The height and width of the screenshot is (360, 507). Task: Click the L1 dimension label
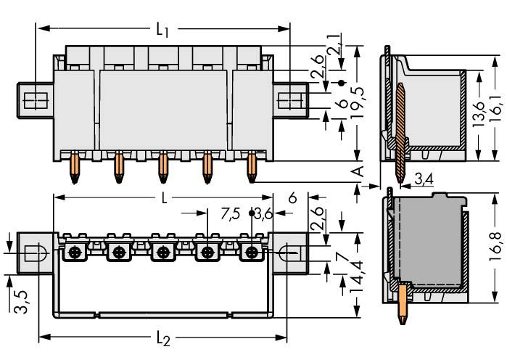(163, 30)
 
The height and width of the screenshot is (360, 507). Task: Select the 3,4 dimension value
(424, 177)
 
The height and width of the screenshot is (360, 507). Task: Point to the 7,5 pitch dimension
(231, 213)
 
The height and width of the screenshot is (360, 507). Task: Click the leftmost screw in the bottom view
(75, 253)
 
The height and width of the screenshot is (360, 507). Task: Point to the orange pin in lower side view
(403, 305)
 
